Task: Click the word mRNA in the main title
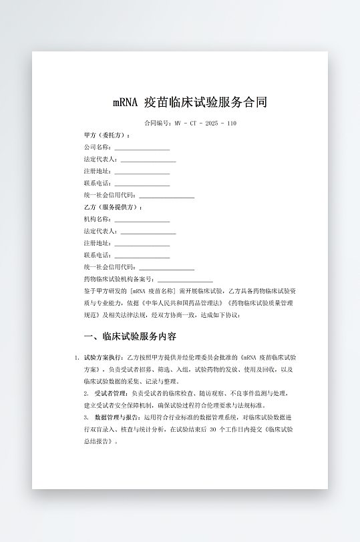point(125,103)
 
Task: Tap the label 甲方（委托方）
point(107,135)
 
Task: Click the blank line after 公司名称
point(142,148)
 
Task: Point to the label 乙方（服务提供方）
point(113,208)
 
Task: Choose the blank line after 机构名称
point(142,220)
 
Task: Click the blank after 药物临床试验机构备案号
point(185,280)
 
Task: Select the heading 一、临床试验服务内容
point(130,336)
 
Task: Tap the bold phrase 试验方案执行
point(104,358)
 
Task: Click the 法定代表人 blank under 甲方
point(148,160)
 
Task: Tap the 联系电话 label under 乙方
point(97,256)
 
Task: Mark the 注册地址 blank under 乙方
point(142,244)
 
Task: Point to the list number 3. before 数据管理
point(77,417)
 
